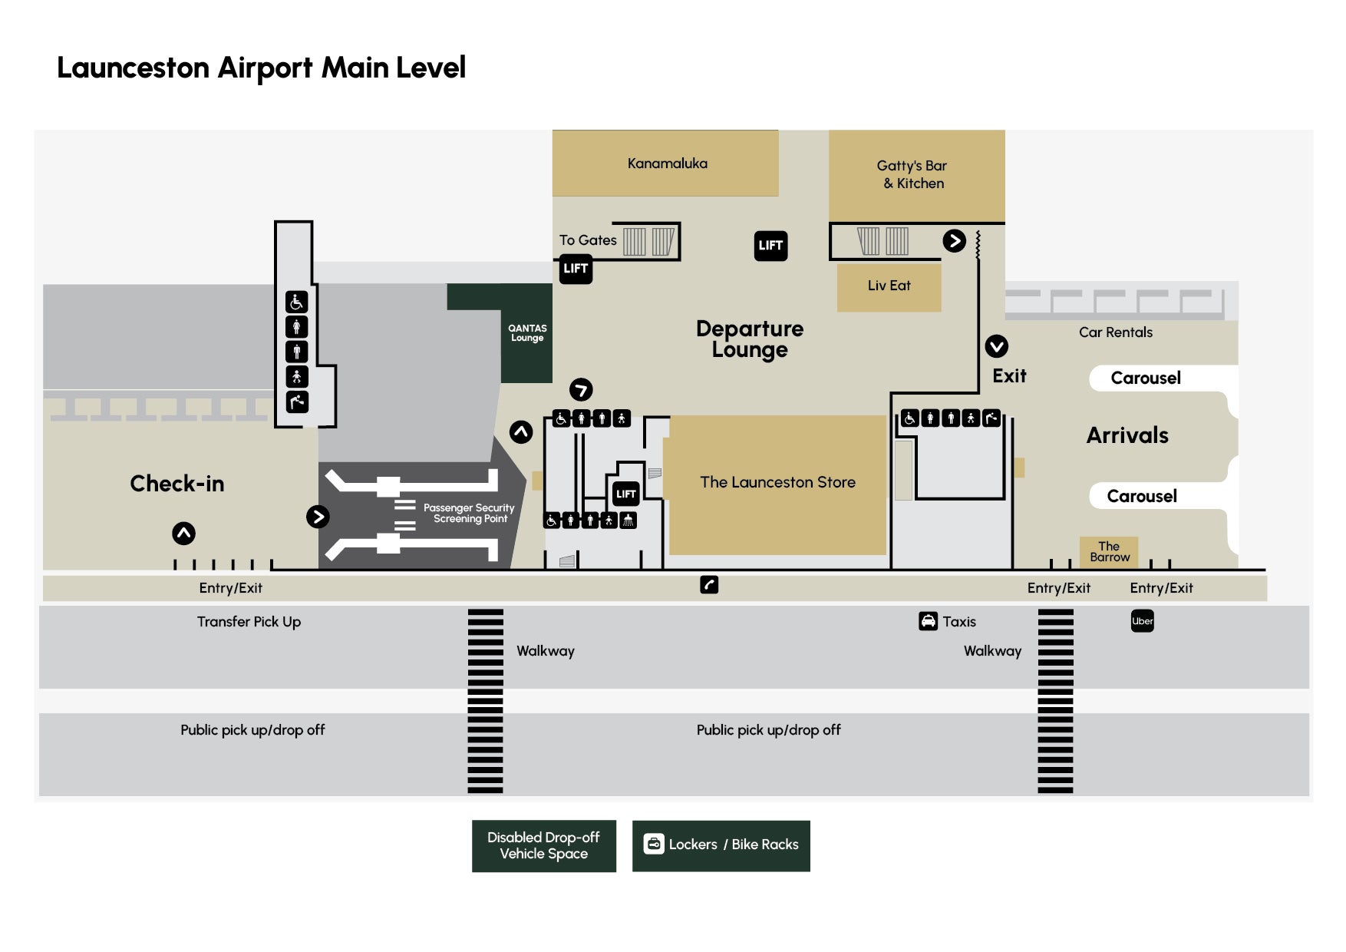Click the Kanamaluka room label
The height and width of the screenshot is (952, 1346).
pyautogui.click(x=667, y=164)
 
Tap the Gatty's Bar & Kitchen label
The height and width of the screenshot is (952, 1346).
pyautogui.click(x=912, y=174)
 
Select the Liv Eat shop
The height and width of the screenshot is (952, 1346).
pyautogui.click(x=889, y=286)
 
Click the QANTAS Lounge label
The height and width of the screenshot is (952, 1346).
pyautogui.click(x=527, y=333)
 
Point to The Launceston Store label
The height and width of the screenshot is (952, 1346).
pyautogui.click(x=777, y=482)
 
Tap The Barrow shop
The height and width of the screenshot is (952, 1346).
pyautogui.click(x=1109, y=552)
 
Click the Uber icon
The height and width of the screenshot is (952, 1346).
pyautogui.click(x=1142, y=621)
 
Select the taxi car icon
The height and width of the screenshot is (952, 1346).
pyautogui.click(x=928, y=621)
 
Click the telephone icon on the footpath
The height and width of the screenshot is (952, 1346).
pyautogui.click(x=709, y=585)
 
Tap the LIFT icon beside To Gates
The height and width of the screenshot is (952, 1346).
pyautogui.click(x=576, y=269)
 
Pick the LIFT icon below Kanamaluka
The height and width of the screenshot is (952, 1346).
pyautogui.click(x=770, y=246)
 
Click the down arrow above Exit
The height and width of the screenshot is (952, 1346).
pyautogui.click(x=996, y=346)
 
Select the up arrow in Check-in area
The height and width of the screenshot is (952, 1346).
pyautogui.click(x=183, y=534)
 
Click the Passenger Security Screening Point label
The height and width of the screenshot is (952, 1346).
pyautogui.click(x=469, y=513)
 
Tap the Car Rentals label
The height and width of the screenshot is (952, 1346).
pyautogui.click(x=1115, y=332)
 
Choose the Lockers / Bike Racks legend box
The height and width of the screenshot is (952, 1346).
pyautogui.click(x=721, y=845)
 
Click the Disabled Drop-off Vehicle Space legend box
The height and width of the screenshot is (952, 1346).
pyautogui.click(x=543, y=845)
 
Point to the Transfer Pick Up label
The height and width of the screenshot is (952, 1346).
pyautogui.click(x=249, y=622)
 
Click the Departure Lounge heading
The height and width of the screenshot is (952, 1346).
pyautogui.click(x=750, y=339)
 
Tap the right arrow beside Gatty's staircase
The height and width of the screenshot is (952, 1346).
pyautogui.click(x=954, y=241)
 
